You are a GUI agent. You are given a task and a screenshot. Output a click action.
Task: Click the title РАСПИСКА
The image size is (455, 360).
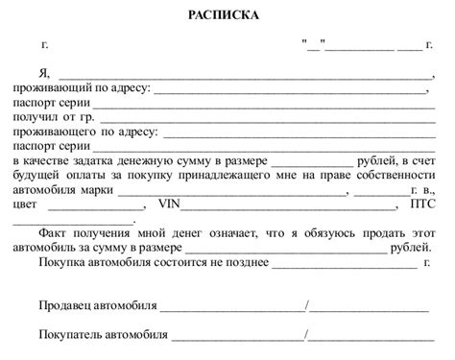pos(227,16)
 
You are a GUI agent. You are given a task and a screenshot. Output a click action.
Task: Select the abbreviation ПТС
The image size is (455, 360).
pos(423,204)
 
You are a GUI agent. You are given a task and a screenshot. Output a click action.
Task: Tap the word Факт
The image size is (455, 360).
pos(55,233)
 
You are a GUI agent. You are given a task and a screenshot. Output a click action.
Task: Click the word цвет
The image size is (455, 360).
pos(26,204)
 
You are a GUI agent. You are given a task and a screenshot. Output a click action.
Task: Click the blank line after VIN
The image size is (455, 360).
pos(288,204)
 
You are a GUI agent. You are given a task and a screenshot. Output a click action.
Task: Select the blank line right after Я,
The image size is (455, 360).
pos(246,74)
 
